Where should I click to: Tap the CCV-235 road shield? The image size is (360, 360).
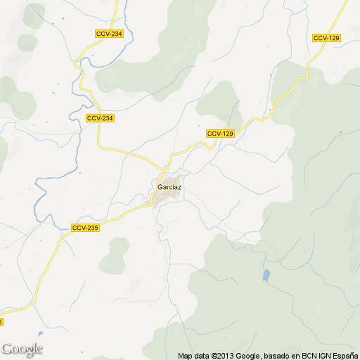85,228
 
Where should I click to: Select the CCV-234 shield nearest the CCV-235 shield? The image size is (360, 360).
100,118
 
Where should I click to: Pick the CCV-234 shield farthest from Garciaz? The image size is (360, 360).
109,34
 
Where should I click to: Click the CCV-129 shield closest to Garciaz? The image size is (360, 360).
220,134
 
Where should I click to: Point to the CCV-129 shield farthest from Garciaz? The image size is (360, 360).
327,37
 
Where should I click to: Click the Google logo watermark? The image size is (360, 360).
22,349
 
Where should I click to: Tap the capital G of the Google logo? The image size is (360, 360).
7,348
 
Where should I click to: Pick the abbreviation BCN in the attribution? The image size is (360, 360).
309,355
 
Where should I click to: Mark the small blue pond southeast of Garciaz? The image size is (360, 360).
266,275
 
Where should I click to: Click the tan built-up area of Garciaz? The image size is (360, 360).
163,199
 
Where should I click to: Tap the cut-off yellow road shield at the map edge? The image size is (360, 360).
1,321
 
